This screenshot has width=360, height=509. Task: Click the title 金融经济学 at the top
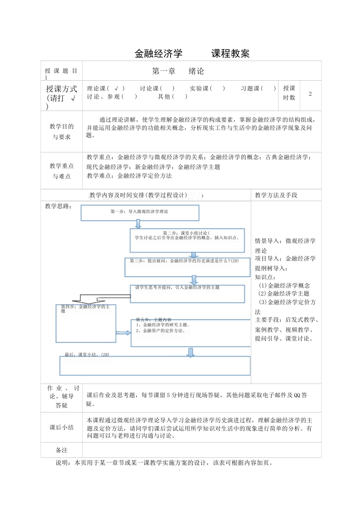tap(158, 54)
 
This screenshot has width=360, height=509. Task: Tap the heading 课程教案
tap(230, 54)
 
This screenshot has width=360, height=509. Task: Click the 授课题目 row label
tap(61, 71)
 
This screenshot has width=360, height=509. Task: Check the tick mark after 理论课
tap(116, 89)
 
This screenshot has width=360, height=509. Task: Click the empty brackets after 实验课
tap(218, 89)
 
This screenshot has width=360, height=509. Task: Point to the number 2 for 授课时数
tap(310, 94)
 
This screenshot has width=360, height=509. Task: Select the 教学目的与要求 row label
tap(61, 131)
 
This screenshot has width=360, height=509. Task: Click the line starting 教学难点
tap(129, 176)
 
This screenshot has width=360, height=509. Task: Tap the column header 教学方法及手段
tap(276, 195)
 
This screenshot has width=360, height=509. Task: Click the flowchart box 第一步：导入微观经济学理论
tap(140, 212)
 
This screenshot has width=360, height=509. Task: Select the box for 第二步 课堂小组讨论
tap(187, 240)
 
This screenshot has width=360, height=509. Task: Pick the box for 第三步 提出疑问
tap(187, 267)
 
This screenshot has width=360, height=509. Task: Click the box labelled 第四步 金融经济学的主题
tap(86, 323)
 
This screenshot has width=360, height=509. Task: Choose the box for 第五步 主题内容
tap(190, 333)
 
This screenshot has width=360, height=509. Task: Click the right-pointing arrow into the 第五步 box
tap(123, 333)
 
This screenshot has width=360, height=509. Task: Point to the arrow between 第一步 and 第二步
tap(138, 224)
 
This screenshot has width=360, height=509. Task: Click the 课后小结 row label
tap(61, 428)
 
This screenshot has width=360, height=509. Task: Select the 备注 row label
tap(61, 450)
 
